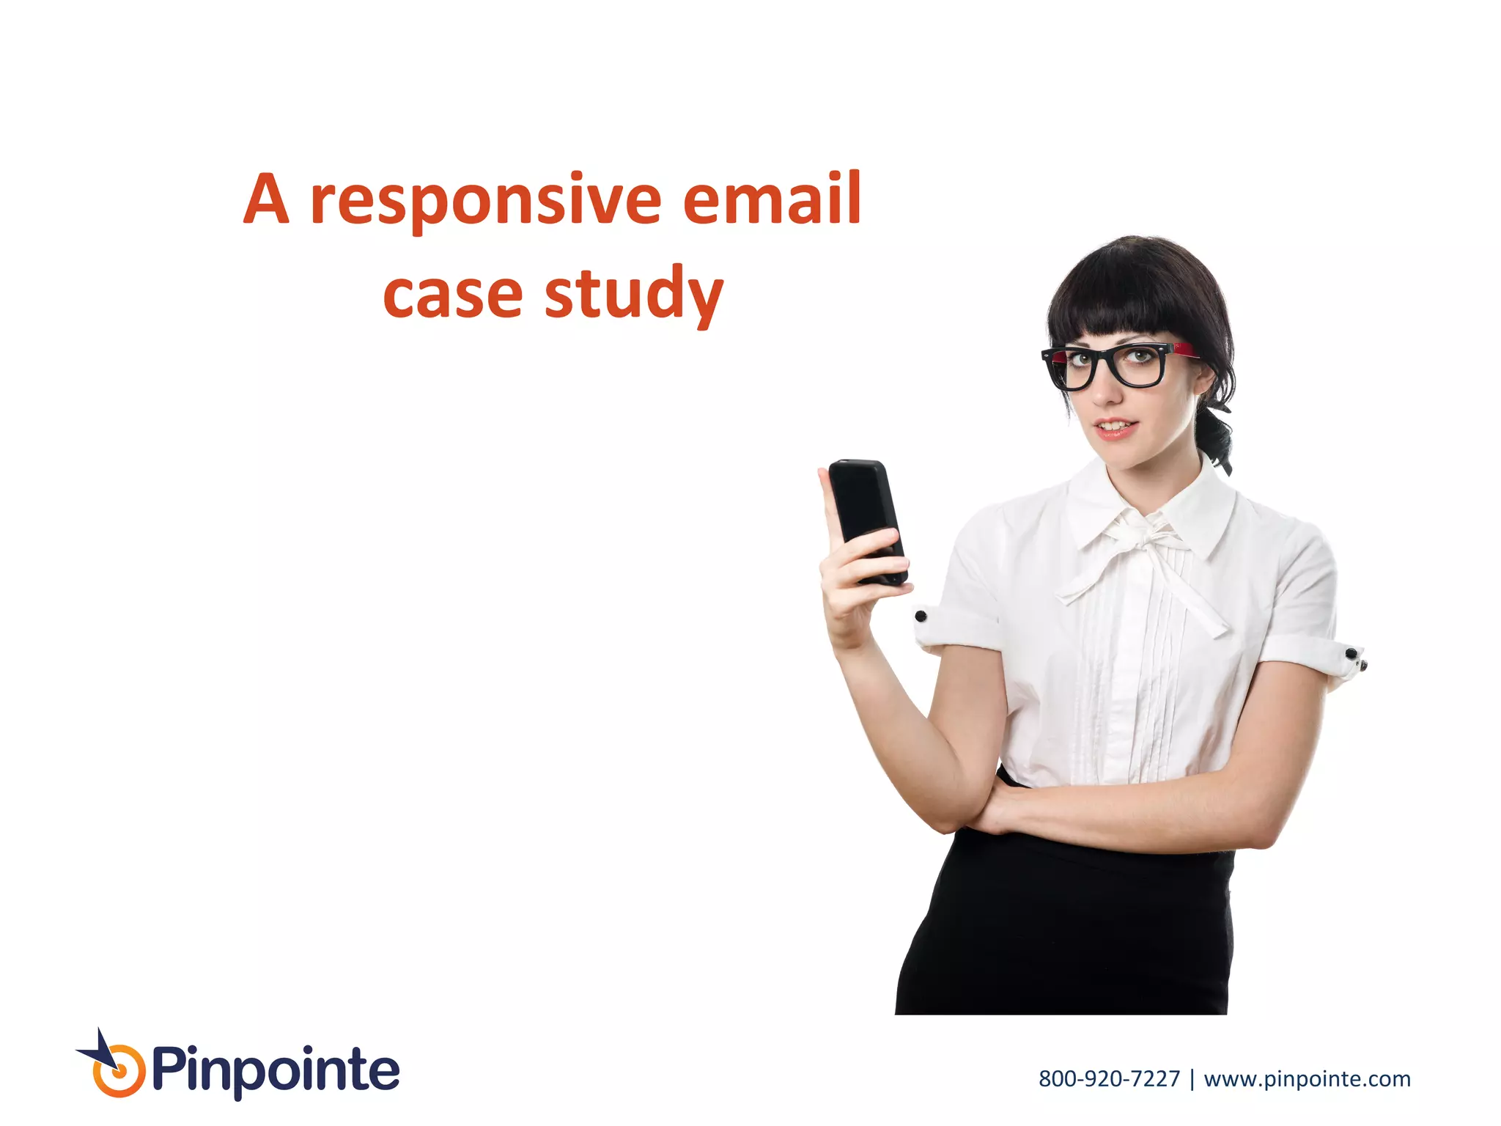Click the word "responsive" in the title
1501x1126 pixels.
pos(485,201)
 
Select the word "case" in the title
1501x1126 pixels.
pos(452,295)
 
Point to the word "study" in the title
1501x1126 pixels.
pos(634,295)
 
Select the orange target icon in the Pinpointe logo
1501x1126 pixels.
pos(118,1072)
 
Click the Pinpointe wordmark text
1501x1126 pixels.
pos(276,1071)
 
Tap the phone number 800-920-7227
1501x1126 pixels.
pos(1109,1079)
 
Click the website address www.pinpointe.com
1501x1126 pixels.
pos(1307,1079)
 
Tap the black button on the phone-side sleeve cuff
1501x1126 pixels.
pos(921,616)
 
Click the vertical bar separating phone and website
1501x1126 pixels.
pos(1192,1079)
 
